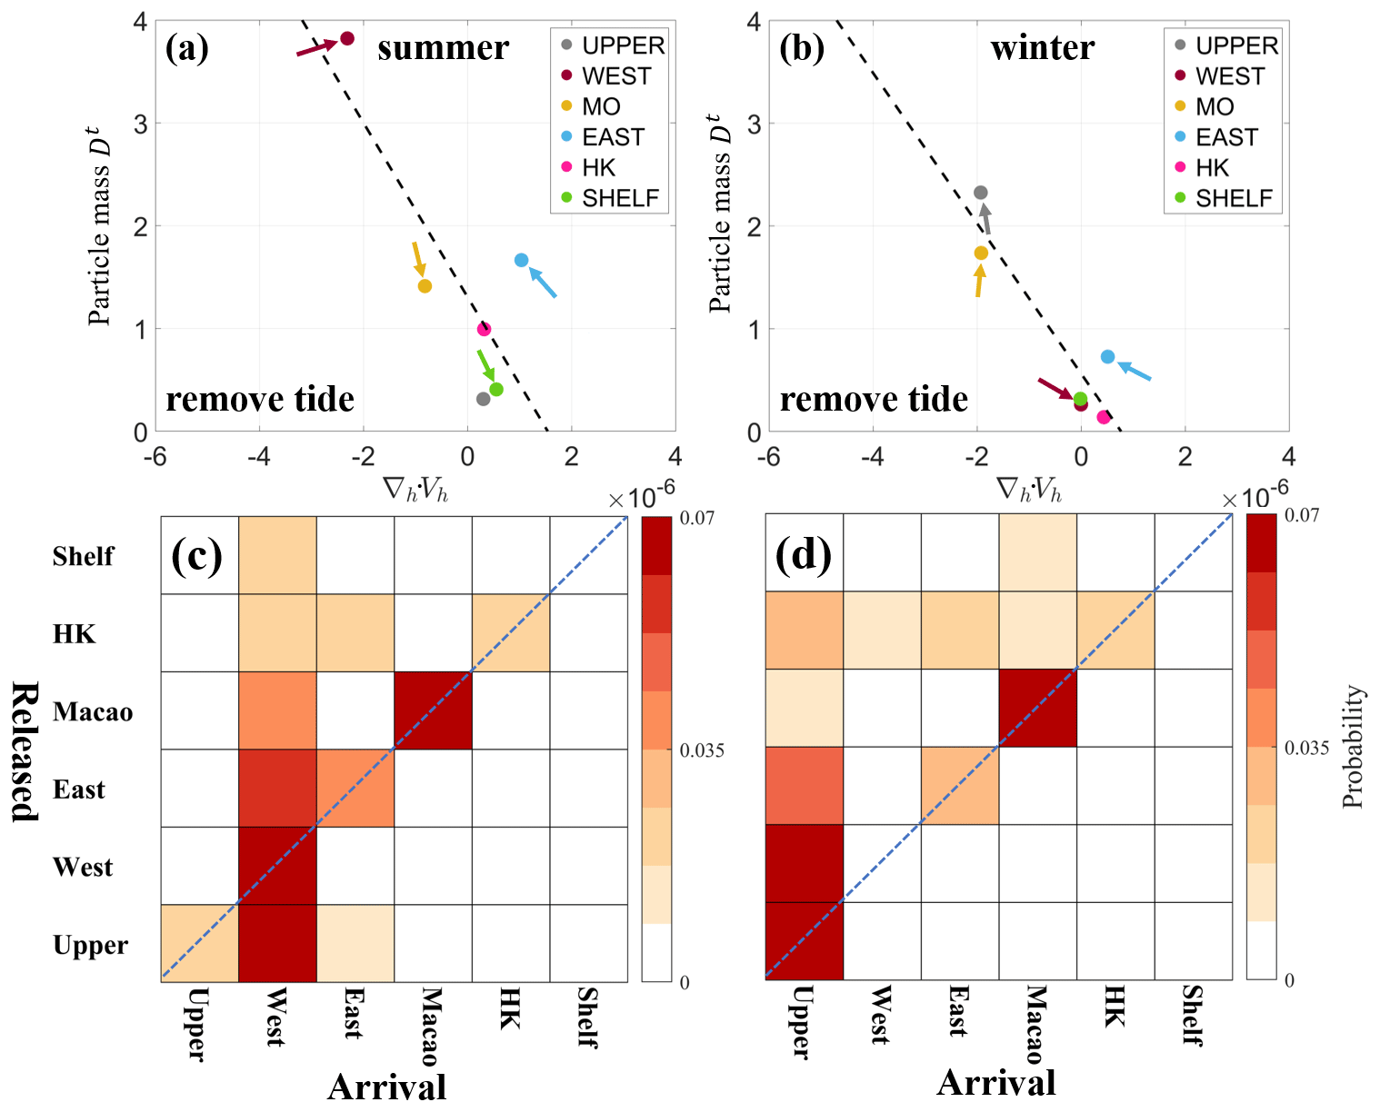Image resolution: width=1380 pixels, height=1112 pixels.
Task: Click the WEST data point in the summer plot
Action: point(346,38)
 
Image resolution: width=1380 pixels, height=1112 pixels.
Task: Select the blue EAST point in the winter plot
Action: point(1107,356)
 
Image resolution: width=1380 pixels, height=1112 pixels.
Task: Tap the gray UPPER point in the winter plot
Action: point(980,193)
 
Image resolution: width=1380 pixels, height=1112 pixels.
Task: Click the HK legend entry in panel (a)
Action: point(598,167)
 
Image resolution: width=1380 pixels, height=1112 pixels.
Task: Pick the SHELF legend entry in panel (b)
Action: point(1233,198)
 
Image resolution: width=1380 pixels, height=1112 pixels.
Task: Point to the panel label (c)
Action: point(196,555)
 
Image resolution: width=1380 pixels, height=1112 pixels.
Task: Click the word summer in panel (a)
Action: point(443,47)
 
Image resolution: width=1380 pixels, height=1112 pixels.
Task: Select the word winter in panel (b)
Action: point(1042,47)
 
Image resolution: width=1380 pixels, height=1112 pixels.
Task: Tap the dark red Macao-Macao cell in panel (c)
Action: point(433,710)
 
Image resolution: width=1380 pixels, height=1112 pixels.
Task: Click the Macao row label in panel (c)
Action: point(93,711)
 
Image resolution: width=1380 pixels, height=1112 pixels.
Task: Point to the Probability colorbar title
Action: point(1354,747)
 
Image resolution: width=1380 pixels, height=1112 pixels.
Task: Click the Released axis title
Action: point(25,751)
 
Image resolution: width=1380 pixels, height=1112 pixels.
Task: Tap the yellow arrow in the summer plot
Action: point(417,258)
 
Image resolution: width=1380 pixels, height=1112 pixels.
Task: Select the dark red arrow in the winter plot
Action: point(1055,389)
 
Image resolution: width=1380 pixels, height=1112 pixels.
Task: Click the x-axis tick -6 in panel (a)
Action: point(155,456)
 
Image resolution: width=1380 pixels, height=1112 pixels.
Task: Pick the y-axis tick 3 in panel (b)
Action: point(753,124)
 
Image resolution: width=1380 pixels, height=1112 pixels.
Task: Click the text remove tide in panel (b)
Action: point(874,399)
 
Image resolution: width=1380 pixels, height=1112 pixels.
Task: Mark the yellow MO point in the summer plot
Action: point(425,286)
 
